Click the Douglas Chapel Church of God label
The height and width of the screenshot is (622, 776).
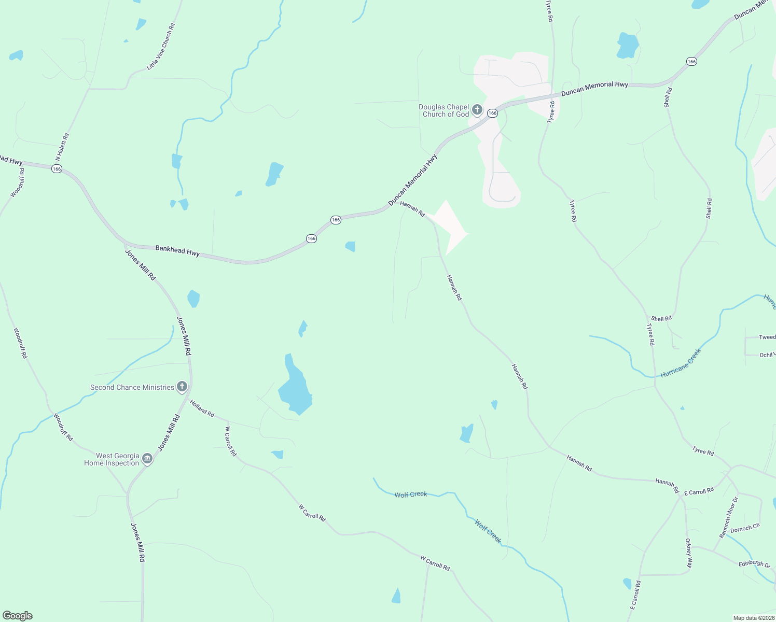click(x=444, y=111)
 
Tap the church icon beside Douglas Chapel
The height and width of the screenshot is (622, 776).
click(x=477, y=110)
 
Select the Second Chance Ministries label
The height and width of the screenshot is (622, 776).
click(x=132, y=387)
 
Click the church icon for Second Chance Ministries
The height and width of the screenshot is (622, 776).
click(x=182, y=387)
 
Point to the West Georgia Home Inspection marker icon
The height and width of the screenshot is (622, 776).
click(x=147, y=459)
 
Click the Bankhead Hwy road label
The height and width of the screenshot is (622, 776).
click(x=177, y=251)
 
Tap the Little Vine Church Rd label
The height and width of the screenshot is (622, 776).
click(x=161, y=46)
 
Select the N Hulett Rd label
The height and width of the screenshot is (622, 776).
click(x=62, y=147)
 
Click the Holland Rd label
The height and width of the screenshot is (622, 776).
click(x=202, y=408)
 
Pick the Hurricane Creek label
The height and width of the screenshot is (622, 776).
click(x=681, y=363)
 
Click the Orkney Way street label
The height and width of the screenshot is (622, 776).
click(x=689, y=553)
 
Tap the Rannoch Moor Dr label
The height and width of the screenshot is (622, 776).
click(x=728, y=517)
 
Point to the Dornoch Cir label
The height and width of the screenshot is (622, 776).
click(x=745, y=529)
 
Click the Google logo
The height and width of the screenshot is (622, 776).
click(x=18, y=616)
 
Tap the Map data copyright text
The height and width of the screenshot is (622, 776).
click(x=754, y=618)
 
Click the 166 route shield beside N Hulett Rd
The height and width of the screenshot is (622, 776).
click(x=57, y=168)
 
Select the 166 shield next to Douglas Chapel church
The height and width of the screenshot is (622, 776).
click(x=493, y=113)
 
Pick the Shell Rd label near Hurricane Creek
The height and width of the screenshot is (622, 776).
click(x=661, y=319)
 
